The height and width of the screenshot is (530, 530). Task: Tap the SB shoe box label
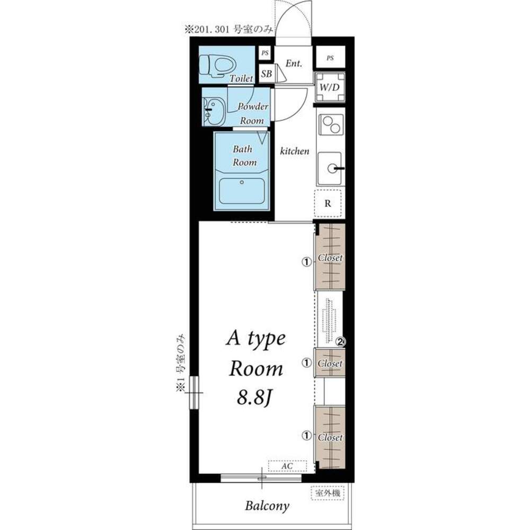pyautogui.click(x=267, y=73)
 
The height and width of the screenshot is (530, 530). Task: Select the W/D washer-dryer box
pyautogui.click(x=330, y=87)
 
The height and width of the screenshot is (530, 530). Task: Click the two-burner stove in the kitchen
pyautogui.click(x=331, y=125)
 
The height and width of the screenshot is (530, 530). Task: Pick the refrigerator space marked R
pyautogui.click(x=328, y=203)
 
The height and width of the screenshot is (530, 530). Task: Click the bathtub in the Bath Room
pyautogui.click(x=242, y=191)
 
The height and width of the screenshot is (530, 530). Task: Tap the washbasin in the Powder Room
pyautogui.click(x=214, y=111)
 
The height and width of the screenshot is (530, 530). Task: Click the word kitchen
pyautogui.click(x=294, y=151)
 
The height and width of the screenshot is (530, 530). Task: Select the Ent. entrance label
pyautogui.click(x=294, y=63)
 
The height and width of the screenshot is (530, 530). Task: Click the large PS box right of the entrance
pyautogui.click(x=330, y=57)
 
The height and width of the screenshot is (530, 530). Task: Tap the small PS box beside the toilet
pyautogui.click(x=265, y=53)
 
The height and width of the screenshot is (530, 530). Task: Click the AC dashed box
pyautogui.click(x=287, y=466)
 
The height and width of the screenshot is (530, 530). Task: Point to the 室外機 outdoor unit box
pyautogui.click(x=328, y=493)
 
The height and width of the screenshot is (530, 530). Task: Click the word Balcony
pyautogui.click(x=267, y=506)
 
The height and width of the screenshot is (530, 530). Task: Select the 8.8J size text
pyautogui.click(x=254, y=397)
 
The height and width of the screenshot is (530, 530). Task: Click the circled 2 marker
pyautogui.click(x=341, y=342)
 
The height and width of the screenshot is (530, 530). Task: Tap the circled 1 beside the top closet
pyautogui.click(x=306, y=262)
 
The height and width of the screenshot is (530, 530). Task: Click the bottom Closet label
pyautogui.click(x=330, y=437)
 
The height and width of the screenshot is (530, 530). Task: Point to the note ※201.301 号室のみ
pyautogui.click(x=228, y=30)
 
